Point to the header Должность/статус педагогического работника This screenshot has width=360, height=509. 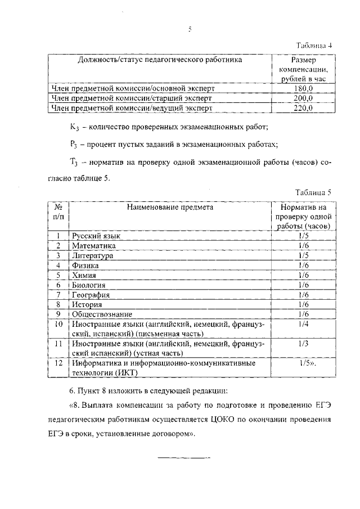160,59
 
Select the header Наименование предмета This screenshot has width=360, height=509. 170,207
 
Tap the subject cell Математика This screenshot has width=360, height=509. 93,246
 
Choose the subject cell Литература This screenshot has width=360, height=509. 92,256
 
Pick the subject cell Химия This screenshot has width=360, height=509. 84,275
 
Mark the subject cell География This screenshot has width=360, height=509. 90,295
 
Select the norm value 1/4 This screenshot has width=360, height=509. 304,324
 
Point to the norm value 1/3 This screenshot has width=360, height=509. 304,343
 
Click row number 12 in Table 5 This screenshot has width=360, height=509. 57,363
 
